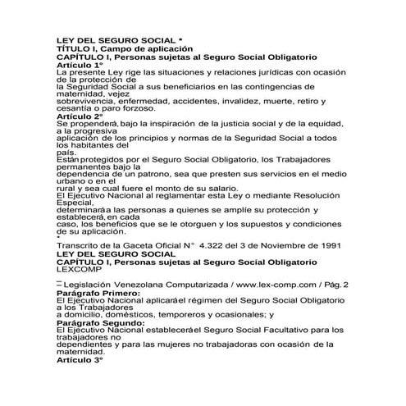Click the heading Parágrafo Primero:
tap(96, 291)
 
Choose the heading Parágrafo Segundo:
tap(98, 322)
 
